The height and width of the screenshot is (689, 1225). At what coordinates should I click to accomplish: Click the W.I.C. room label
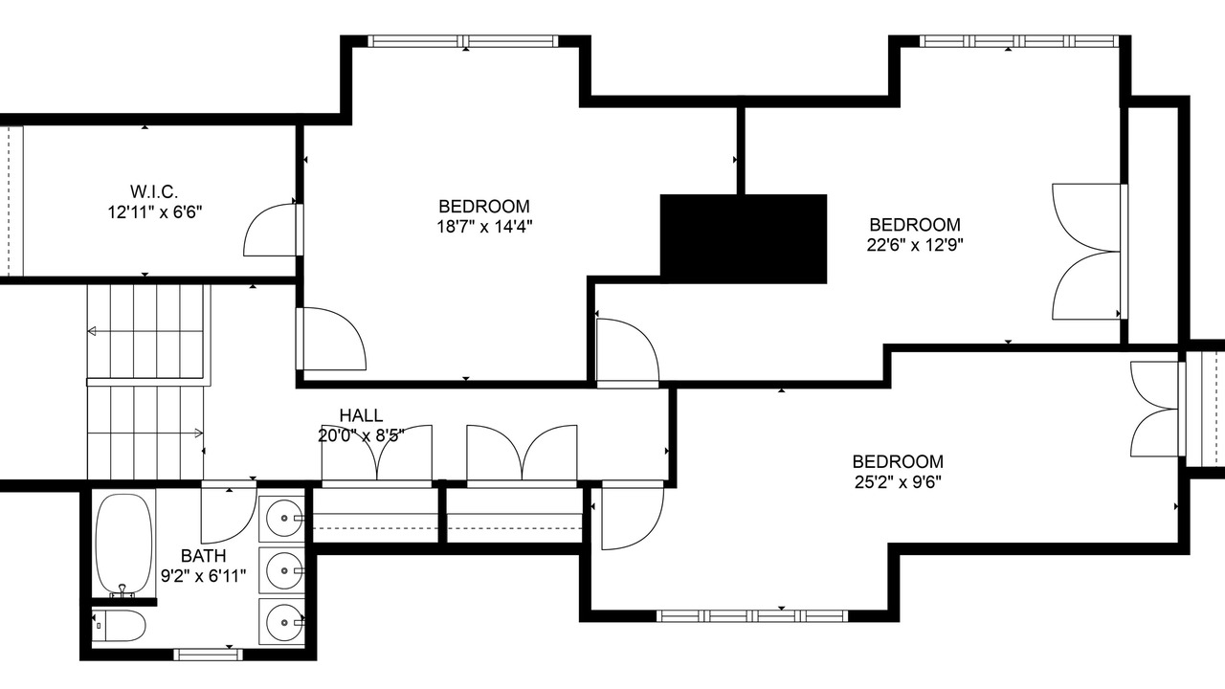154,192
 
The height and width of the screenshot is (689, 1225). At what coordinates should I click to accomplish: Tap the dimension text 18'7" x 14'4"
484,227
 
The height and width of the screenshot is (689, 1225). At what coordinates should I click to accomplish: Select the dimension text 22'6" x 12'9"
914,245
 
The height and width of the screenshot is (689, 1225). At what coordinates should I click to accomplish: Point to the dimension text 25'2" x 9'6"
898,482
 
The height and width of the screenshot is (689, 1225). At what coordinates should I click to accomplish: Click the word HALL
361,415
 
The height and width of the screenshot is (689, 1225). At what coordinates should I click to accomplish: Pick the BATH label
203,556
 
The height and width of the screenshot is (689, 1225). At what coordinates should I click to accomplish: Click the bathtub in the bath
123,545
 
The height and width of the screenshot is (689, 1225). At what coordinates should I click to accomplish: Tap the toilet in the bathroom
119,626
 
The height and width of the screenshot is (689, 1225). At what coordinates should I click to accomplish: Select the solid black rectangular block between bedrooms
744,238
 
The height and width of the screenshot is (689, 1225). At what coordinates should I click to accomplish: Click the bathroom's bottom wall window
208,654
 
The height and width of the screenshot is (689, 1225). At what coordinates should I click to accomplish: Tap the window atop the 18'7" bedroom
463,41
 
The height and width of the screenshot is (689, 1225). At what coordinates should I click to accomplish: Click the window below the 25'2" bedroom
752,616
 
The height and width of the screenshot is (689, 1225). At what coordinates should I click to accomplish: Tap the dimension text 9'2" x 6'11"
203,576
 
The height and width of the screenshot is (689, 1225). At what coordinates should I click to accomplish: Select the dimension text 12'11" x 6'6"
155,212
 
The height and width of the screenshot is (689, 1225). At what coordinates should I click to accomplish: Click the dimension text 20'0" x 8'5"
361,435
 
